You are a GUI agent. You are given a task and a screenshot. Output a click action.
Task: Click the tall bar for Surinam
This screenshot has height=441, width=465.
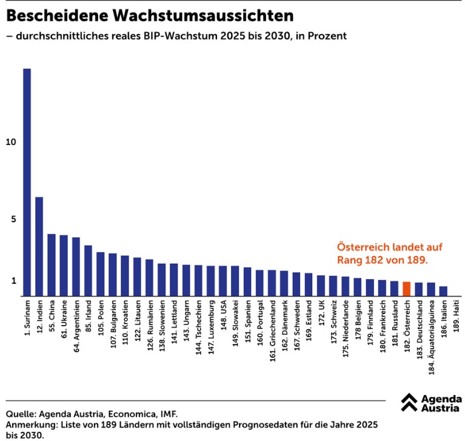click(27, 182)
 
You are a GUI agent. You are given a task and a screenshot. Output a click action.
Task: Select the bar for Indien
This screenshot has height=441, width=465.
click(39, 246)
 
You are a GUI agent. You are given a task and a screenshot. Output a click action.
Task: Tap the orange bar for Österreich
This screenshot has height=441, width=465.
click(406, 288)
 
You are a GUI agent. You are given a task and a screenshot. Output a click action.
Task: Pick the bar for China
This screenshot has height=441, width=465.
click(52, 264)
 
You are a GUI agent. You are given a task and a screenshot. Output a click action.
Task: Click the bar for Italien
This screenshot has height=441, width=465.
click(443, 291)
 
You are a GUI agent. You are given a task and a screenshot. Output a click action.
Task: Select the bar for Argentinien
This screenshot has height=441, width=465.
click(76, 266)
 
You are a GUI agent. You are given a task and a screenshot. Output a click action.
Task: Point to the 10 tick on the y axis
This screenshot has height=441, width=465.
click(9, 142)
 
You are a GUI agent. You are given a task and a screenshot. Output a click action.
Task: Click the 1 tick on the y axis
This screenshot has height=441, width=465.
click(13, 281)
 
